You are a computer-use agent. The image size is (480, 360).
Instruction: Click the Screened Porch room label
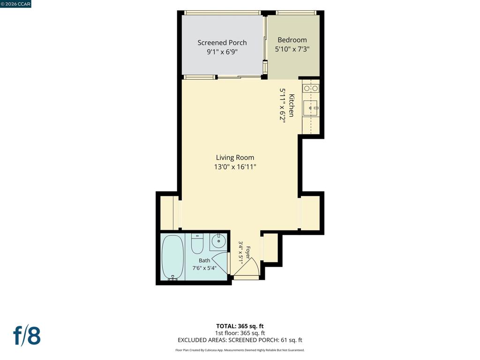point(222,43)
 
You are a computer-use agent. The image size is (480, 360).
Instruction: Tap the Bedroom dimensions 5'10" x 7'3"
point(292,49)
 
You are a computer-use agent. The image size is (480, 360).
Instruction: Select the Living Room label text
point(235,157)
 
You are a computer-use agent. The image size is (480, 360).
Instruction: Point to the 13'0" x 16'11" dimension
point(235,167)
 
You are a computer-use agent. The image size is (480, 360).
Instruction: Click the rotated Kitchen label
point(292,105)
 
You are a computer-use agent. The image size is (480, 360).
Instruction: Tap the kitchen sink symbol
point(310,108)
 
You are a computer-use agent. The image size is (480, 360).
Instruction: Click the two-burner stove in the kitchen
point(311,89)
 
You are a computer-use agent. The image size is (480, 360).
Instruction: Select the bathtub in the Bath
point(172,257)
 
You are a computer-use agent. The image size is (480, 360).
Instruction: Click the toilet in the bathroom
point(197,244)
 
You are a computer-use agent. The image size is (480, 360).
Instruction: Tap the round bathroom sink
point(218,241)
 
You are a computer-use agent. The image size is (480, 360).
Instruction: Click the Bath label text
point(204,261)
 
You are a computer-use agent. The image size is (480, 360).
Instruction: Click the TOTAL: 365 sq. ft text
point(240,326)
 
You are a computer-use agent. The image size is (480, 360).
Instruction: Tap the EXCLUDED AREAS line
point(240,340)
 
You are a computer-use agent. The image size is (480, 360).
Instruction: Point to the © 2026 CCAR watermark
point(15,4)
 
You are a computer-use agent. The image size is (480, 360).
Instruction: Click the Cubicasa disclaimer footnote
point(240,350)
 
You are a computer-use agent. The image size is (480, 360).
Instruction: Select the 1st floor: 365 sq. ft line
point(240,333)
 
